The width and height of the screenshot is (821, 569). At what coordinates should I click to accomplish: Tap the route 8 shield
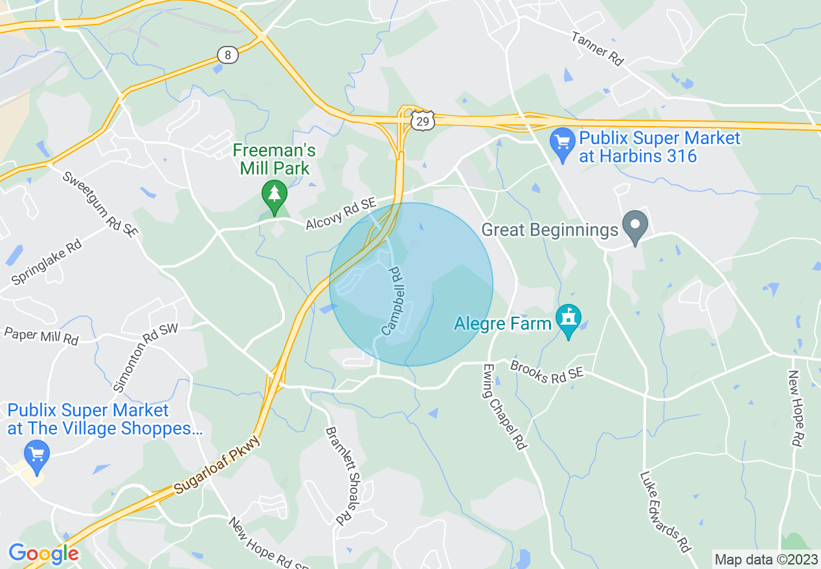(227, 55)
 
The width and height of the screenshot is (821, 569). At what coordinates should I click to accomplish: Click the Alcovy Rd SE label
(341, 214)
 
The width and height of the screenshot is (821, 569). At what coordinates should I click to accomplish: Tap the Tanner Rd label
(597, 48)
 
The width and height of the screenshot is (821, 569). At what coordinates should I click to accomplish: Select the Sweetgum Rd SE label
(100, 204)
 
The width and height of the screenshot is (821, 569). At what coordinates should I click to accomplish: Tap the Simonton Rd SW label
(145, 358)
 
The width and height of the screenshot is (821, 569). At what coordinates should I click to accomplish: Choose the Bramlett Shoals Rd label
(342, 475)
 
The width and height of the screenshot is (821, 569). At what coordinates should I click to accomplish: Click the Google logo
(43, 553)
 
